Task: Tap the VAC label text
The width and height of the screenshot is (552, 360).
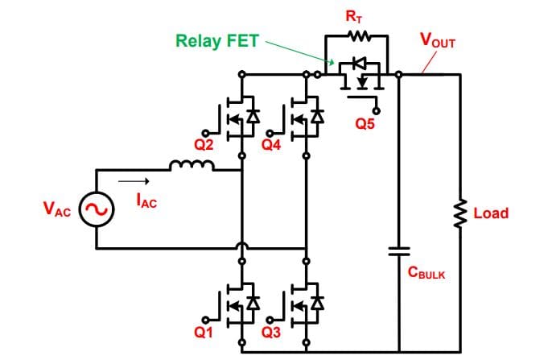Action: click(57, 211)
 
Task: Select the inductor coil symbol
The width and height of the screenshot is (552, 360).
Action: click(192, 167)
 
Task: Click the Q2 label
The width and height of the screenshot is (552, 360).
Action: click(203, 145)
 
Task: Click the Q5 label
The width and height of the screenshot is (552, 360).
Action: click(365, 123)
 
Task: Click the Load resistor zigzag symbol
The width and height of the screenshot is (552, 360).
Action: click(461, 213)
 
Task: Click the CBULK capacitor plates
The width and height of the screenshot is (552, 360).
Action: click(399, 250)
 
